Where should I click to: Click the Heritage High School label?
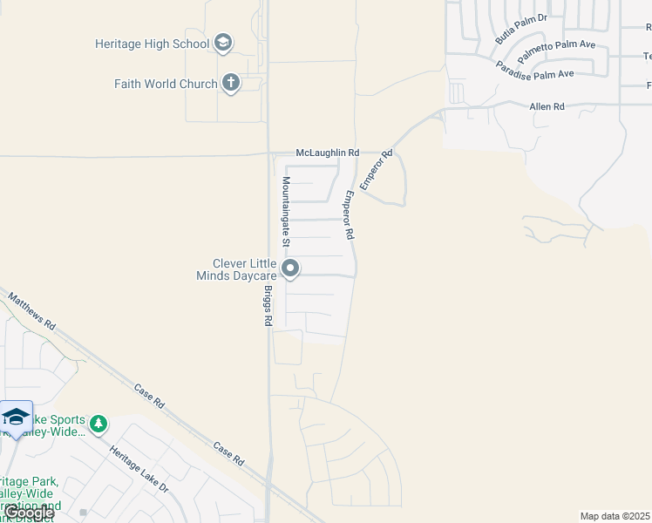click(153, 43)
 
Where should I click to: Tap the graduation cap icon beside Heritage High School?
click(223, 43)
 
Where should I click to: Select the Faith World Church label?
click(166, 84)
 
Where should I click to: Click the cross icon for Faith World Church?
click(230, 84)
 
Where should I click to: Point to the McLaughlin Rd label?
click(327, 153)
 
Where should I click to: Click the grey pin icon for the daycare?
click(291, 268)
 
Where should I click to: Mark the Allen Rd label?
click(547, 106)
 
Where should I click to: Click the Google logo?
click(29, 513)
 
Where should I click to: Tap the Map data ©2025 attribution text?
click(615, 516)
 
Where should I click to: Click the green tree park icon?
click(99, 424)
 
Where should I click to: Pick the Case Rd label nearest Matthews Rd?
click(149, 396)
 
